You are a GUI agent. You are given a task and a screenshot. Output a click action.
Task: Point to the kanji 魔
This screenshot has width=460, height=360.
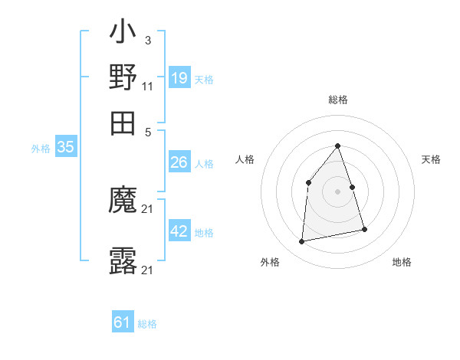pos(123,201)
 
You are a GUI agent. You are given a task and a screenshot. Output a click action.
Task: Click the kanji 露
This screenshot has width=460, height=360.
pos(123,261)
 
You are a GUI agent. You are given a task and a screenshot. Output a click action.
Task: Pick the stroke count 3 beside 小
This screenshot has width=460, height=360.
pos(147,40)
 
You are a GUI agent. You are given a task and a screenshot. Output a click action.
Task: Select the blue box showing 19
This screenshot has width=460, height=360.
pos(179,78)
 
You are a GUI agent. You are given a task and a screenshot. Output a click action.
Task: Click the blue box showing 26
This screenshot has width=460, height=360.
pos(179,162)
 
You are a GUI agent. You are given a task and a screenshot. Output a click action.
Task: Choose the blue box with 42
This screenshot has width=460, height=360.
pos(179,232)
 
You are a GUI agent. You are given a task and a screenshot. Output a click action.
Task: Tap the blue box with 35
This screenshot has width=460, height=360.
pos(65,148)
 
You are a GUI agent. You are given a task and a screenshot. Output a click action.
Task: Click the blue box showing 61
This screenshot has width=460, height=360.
pos(123,323)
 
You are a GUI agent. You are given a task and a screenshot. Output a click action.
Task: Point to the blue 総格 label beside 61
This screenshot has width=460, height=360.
pos(147,324)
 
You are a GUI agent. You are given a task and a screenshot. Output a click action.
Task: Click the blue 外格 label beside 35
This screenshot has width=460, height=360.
pos(41,149)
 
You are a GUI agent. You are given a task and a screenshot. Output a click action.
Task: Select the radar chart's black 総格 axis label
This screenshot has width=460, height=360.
pos(338,100)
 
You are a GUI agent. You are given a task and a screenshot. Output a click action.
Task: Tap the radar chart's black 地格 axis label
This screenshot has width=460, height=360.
pos(402,263)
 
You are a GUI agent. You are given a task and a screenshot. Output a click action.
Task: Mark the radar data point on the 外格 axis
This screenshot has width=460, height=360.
pos(302,242)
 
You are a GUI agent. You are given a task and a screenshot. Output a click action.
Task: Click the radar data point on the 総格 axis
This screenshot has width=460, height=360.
pos(338,146)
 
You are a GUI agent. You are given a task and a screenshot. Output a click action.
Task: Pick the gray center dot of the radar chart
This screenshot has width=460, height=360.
pos(338,191)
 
